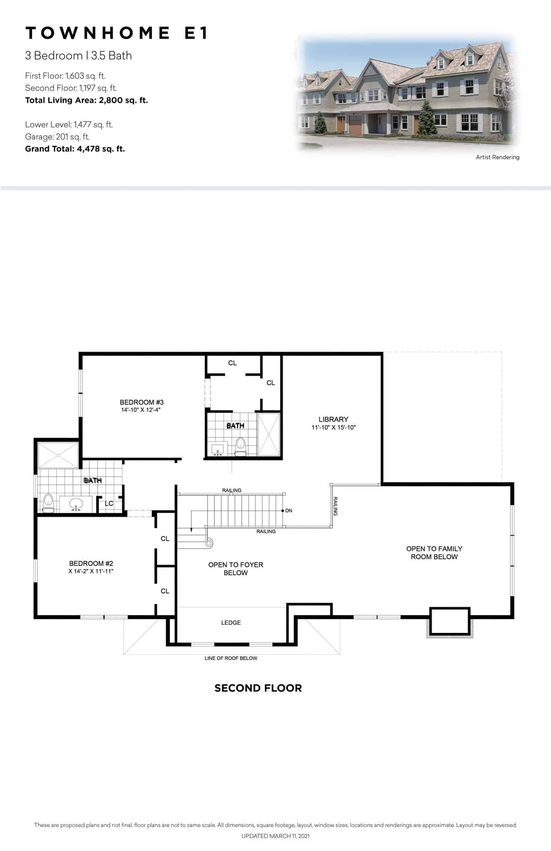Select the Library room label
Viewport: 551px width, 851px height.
click(333, 419)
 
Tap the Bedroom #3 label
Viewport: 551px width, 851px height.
click(142, 402)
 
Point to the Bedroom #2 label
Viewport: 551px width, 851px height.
click(91, 563)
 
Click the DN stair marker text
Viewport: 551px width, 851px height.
click(289, 511)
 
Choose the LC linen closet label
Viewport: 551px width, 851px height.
click(109, 503)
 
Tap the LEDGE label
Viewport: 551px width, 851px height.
click(231, 623)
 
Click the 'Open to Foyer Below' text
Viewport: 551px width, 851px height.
click(236, 569)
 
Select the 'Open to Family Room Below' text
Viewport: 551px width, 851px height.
click(434, 552)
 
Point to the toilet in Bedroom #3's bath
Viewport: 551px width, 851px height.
click(241, 446)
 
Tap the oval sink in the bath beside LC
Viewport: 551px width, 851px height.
click(76, 504)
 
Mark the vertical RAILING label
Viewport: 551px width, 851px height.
click(335, 506)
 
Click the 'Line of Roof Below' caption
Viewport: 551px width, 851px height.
click(231, 658)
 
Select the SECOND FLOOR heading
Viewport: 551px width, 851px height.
click(258, 688)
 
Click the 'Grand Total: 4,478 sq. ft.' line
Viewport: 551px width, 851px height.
click(75, 149)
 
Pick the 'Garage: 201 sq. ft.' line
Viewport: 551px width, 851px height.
click(57, 137)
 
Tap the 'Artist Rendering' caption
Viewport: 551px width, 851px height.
click(497, 157)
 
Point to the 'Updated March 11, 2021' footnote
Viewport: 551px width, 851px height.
click(275, 836)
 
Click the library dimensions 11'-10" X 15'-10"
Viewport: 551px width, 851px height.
click(333, 427)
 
